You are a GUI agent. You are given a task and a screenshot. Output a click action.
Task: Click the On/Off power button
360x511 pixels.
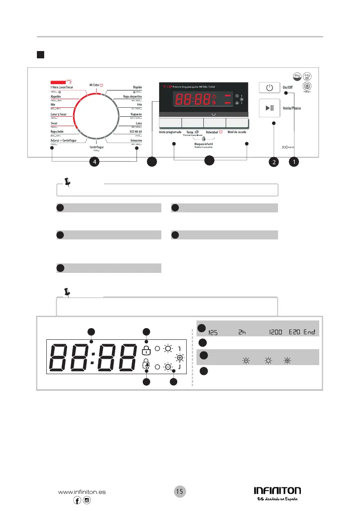coord(269,88)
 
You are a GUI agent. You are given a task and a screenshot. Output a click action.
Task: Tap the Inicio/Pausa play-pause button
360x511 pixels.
coord(269,108)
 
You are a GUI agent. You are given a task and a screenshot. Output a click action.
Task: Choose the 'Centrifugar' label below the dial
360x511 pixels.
coord(97,146)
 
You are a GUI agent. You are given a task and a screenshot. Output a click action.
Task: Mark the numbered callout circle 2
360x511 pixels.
coord(274,162)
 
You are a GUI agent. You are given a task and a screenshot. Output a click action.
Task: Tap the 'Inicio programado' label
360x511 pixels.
coord(170,133)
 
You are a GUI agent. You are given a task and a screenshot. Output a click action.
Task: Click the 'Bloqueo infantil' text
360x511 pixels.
coord(204,144)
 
